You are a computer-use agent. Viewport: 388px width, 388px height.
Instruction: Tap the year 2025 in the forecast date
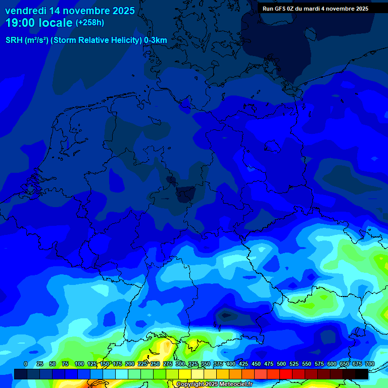click(121, 11)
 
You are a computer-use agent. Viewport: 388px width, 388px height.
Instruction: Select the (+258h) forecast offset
click(90, 23)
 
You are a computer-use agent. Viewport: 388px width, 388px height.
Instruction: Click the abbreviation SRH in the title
click(14, 40)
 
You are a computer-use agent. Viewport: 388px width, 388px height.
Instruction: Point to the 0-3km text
click(156, 40)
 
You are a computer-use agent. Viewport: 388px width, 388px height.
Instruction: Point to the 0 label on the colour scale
click(26, 364)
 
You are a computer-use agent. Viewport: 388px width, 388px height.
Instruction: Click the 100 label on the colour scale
click(79, 364)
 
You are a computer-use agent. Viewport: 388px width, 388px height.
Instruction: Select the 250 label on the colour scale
click(155, 364)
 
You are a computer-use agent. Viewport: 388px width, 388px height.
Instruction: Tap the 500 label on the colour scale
click(281, 364)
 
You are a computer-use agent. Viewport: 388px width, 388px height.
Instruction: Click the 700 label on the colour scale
click(370, 364)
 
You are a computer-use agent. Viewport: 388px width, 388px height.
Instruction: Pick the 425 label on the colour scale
click(244, 364)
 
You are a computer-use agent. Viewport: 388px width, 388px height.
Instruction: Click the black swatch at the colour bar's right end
click(362, 374)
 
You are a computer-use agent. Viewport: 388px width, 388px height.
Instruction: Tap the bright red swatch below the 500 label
click(286, 374)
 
